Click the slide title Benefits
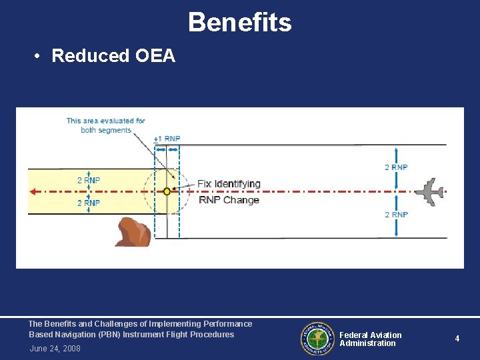[239, 22]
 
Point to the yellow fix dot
[167, 191]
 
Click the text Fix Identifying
[229, 183]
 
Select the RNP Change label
[229, 200]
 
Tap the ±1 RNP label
[167, 139]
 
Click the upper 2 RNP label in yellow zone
[89, 180]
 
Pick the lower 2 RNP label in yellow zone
[89, 203]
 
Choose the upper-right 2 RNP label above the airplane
[396, 167]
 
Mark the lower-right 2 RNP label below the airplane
[396, 215]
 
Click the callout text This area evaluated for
[105, 121]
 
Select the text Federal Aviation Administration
[370, 339]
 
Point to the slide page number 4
[457, 339]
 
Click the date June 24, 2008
[55, 349]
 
